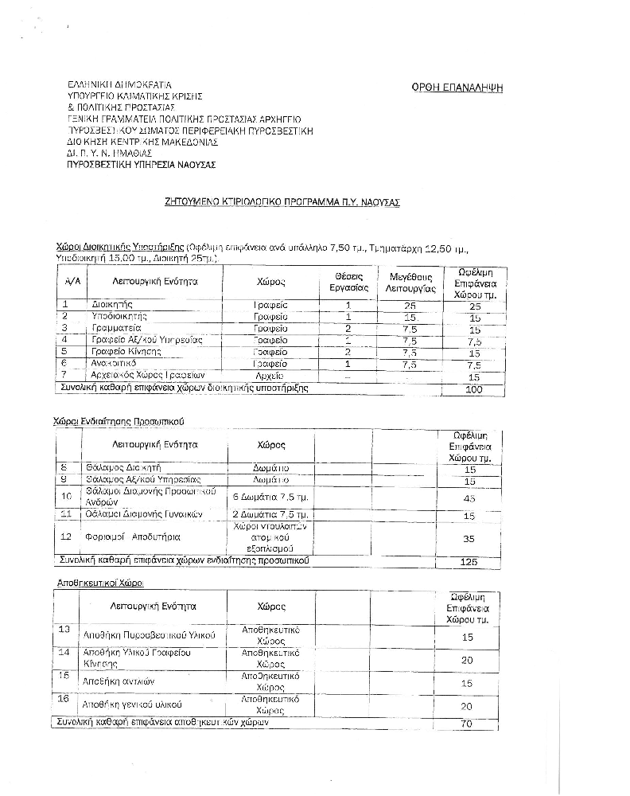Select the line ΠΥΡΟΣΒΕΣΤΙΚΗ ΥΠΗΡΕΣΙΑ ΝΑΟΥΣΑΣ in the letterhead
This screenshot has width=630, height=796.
[x=142, y=165]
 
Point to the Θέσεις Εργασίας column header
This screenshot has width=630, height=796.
[x=348, y=282]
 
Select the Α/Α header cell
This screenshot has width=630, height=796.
[x=72, y=282]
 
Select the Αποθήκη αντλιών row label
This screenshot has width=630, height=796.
[x=119, y=682]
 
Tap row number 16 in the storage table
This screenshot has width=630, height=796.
[x=65, y=698]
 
